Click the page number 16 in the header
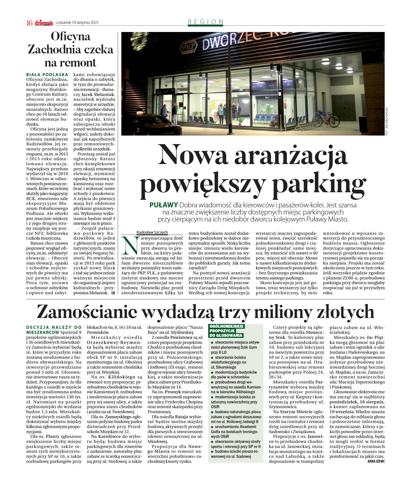click(x=30, y=23)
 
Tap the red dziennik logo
click(x=44, y=23)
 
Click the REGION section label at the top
click(x=206, y=22)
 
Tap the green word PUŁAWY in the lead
click(x=164, y=205)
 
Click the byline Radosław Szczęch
click(x=152, y=232)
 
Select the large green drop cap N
click(x=130, y=245)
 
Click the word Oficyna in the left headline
click(x=71, y=37)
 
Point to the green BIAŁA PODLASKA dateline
click(x=47, y=75)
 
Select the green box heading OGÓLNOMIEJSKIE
click(x=227, y=326)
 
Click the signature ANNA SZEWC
click(x=376, y=461)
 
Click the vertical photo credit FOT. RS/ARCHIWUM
click(x=386, y=121)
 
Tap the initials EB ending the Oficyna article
click(x=113, y=293)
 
